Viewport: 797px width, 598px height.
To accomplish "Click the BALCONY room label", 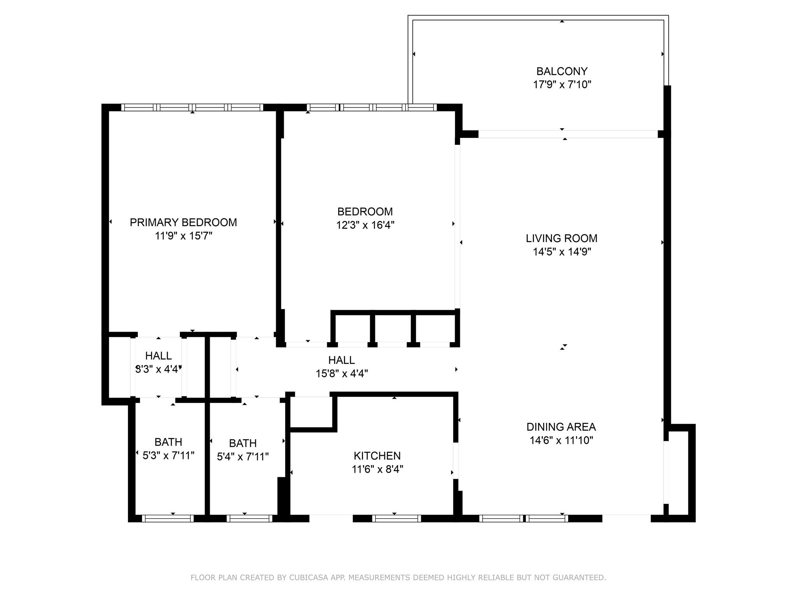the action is coord(562,71).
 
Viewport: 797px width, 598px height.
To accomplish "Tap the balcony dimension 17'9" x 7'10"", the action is coord(562,84).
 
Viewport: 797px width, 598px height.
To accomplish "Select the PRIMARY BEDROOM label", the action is coord(183,222).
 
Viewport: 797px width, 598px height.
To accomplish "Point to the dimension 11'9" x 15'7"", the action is coord(183,236).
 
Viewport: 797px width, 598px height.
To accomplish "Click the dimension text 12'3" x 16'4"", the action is coord(365,225).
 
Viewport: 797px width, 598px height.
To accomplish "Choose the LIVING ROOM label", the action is coord(562,238).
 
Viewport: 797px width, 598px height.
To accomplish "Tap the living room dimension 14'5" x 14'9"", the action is coord(562,252).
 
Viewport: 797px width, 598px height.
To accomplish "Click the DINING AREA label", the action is coord(561,427).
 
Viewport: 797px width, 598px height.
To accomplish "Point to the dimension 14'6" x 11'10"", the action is coord(561,440).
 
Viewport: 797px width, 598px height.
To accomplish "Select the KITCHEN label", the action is coord(377,456).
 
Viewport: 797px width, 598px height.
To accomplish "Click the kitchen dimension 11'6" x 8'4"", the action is coord(377,469).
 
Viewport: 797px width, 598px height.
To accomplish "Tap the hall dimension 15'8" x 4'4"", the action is coord(342,374).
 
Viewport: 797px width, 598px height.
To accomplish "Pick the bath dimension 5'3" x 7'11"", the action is coord(169,455).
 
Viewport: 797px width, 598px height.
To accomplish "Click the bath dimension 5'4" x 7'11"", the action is coord(243,456).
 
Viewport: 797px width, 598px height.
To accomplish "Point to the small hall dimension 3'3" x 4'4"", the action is coord(158,369).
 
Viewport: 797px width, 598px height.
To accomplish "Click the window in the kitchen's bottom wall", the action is coord(397,519).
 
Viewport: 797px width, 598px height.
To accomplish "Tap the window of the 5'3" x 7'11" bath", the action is coord(168,519).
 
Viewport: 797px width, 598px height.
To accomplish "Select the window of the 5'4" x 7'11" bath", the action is coord(249,519).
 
